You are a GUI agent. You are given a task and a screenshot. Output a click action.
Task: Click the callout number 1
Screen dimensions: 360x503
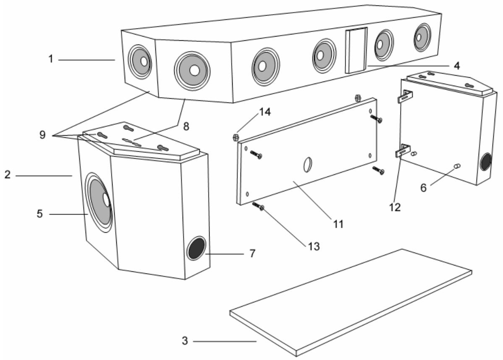(x=50, y=59)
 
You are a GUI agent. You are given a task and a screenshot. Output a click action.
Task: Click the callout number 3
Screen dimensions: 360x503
(x=185, y=340)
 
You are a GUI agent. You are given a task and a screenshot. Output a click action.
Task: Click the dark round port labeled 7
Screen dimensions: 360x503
(x=196, y=249)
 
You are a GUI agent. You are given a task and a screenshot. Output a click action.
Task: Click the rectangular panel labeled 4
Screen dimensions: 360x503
(x=356, y=50)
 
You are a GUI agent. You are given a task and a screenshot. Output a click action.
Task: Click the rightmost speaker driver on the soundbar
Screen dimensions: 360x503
(x=419, y=37)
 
